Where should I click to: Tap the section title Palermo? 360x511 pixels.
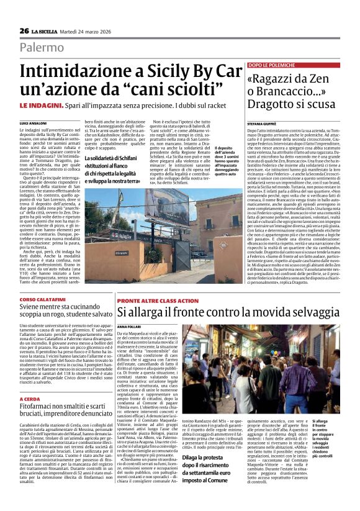42,47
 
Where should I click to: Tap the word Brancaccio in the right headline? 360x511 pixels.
292,93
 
